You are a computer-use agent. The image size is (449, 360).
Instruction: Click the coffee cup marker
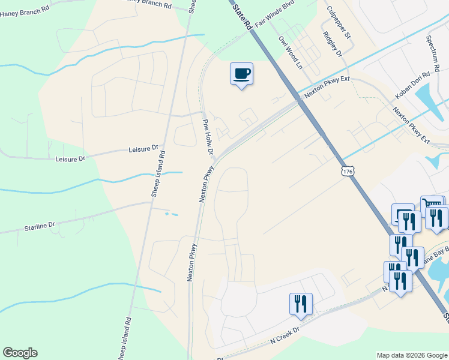[241, 74]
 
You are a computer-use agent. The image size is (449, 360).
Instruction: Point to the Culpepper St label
[339, 22]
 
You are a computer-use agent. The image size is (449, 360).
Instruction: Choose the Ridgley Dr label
[332, 44]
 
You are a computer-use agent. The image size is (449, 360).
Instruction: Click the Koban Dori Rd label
[413, 86]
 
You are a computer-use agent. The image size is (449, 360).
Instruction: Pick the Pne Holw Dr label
[207, 136]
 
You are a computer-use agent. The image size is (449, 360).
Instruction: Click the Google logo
[20, 353]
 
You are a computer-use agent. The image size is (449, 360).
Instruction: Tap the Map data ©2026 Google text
[411, 355]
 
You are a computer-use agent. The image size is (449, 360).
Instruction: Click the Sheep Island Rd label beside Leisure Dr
[158, 174]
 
